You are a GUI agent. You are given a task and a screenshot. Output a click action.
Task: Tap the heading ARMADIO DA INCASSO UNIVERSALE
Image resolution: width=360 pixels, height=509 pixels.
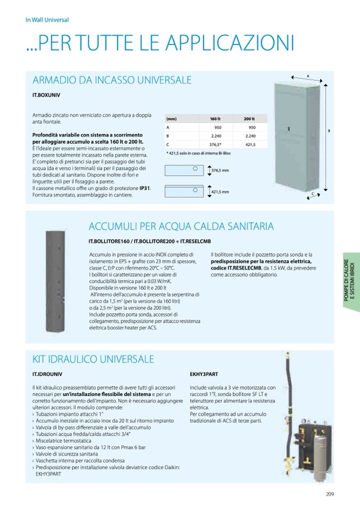pos(112,81)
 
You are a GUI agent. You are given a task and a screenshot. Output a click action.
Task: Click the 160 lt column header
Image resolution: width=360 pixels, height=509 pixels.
pos(215,119)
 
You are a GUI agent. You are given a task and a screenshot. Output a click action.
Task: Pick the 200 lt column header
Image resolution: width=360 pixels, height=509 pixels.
pos(249,119)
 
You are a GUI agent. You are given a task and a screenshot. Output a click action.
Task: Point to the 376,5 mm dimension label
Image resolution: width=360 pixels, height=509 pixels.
pos(220,170)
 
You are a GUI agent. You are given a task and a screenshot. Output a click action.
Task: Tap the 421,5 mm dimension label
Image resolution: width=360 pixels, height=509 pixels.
pos(220,192)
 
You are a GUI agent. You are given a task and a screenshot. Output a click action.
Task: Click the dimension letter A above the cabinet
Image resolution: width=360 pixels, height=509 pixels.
pos(307,76)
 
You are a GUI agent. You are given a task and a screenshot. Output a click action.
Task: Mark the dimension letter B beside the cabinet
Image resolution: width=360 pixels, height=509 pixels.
pos(329,130)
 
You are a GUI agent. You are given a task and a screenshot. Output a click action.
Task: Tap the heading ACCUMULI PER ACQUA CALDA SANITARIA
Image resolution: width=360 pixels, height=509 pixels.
pos(181,227)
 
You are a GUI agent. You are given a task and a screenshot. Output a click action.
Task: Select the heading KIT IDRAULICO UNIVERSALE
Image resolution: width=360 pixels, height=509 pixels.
pos(93,359)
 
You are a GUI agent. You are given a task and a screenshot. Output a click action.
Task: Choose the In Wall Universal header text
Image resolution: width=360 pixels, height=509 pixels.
pos(47,20)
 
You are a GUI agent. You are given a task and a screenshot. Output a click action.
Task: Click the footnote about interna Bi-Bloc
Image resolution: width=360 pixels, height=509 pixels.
pos(198,153)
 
